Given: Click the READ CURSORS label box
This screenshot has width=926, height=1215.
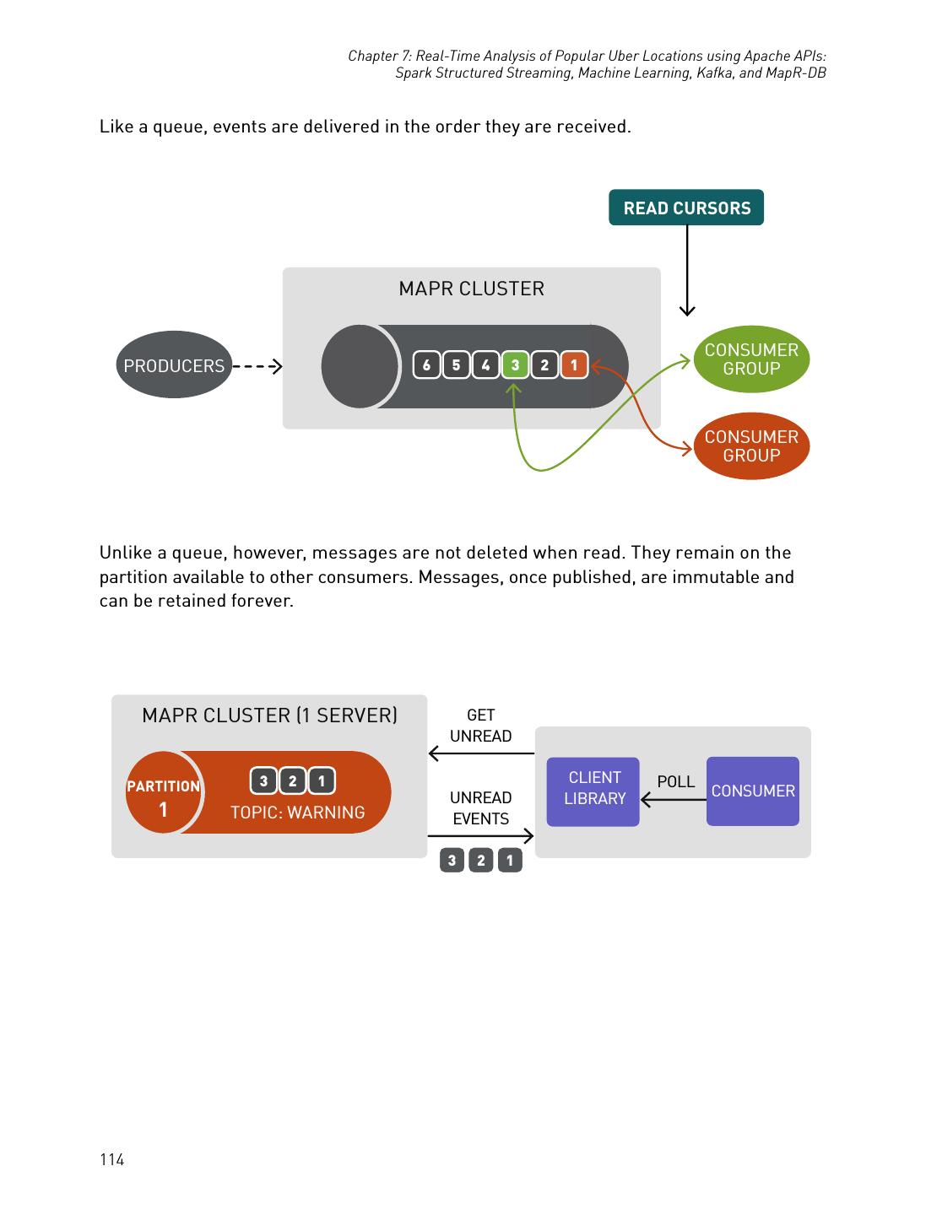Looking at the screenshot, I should [685, 208].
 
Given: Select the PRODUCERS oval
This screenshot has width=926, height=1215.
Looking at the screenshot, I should [173, 365].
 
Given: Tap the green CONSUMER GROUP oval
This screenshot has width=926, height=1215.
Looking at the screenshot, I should [750, 359].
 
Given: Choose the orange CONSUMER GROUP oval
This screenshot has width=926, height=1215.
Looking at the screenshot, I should [750, 445].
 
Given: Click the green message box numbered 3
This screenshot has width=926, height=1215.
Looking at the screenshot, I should [514, 365].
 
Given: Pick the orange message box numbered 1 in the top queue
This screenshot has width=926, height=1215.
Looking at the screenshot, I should [574, 365].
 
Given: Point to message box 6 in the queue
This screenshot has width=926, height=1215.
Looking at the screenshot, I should [426, 365].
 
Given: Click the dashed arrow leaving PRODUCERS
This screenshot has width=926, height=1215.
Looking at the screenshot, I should [257, 366].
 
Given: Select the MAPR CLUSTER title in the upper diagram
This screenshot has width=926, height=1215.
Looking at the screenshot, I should [471, 289].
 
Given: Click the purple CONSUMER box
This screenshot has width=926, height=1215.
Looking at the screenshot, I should [752, 791].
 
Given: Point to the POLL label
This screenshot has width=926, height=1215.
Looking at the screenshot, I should [675, 781].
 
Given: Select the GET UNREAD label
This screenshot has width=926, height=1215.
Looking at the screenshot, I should [480, 726].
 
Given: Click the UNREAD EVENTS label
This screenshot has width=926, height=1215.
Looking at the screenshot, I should [480, 808].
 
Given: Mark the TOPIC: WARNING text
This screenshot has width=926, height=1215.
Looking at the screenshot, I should [297, 812].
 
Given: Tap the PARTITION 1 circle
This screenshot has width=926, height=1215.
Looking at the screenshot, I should [163, 793].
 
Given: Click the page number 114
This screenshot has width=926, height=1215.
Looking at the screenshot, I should [112, 1159].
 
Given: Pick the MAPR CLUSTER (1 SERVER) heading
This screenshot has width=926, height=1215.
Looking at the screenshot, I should [269, 715].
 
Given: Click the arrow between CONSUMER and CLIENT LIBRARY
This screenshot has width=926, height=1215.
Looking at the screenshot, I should [673, 799].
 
